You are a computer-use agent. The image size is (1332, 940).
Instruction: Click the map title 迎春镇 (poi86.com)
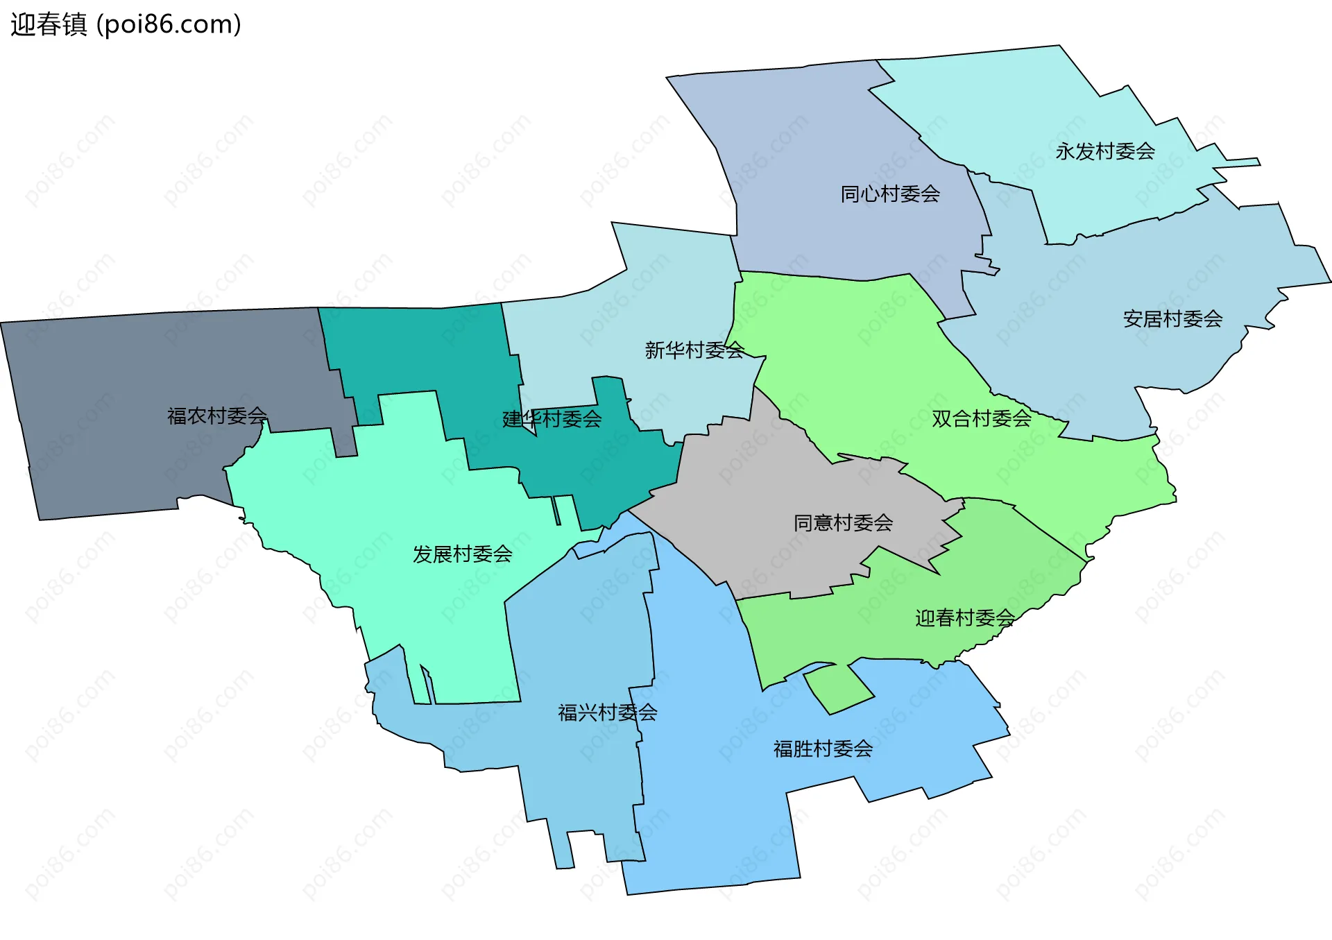[x=126, y=25]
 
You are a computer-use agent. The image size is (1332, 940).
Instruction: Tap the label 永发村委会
[x=1105, y=151]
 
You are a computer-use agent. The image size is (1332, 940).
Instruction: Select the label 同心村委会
[x=890, y=194]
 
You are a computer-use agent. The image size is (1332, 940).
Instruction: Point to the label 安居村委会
[x=1172, y=319]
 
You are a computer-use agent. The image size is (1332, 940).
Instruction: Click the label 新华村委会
[x=694, y=350]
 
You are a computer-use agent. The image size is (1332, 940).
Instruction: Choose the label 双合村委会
[x=981, y=418]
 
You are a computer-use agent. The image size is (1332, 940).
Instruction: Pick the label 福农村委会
[x=217, y=416]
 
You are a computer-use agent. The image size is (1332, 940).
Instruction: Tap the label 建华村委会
[x=552, y=419]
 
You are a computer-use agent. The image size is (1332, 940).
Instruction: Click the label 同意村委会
[x=843, y=522]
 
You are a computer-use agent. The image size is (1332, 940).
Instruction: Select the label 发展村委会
[x=462, y=554]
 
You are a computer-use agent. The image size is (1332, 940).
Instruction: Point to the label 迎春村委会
[x=964, y=617]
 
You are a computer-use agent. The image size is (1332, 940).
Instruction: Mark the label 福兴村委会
[x=608, y=712]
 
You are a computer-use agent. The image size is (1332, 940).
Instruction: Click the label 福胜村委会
[x=823, y=749]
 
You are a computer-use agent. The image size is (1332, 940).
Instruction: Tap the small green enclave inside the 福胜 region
[x=838, y=689]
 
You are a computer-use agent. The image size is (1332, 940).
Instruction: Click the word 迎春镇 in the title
[x=49, y=25]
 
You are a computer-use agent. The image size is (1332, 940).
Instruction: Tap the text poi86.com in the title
[x=169, y=25]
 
